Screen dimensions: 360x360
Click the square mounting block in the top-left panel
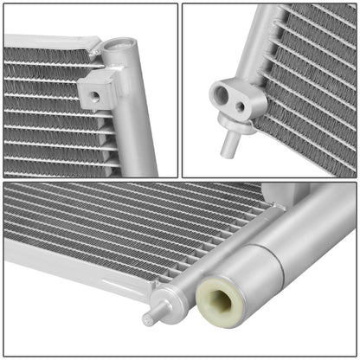coord(98,88)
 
